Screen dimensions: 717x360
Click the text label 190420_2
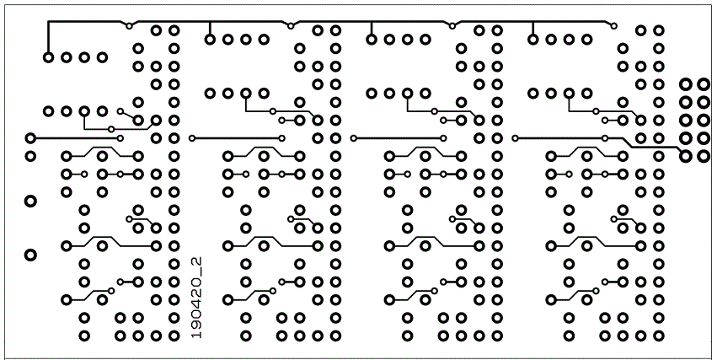(x=196, y=298)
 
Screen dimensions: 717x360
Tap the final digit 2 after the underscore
(x=196, y=261)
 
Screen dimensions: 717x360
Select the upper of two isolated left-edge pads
(x=30, y=201)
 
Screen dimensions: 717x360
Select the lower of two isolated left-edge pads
(x=30, y=255)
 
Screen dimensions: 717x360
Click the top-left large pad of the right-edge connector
(x=685, y=84)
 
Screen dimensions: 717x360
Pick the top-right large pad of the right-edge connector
(x=704, y=84)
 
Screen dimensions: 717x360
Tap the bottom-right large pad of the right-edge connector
(x=704, y=157)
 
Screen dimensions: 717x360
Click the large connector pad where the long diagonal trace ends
(x=685, y=157)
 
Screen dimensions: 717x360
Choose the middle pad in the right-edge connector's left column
(x=685, y=121)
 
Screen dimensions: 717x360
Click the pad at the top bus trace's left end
(x=48, y=57)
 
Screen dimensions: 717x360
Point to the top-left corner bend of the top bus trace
(x=48, y=22)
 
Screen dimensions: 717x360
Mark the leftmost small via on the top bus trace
(x=129, y=26)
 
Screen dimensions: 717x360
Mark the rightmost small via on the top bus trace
(x=613, y=26)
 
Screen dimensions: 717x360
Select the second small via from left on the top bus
(x=291, y=26)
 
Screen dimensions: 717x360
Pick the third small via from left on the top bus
(x=452, y=26)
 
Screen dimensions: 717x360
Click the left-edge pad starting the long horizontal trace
(x=30, y=138)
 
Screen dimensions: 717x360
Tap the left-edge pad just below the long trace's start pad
(x=30, y=157)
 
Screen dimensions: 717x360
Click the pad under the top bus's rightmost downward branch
(x=532, y=40)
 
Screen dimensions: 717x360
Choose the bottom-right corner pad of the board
(x=659, y=336)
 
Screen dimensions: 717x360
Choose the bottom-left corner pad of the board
(x=84, y=336)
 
